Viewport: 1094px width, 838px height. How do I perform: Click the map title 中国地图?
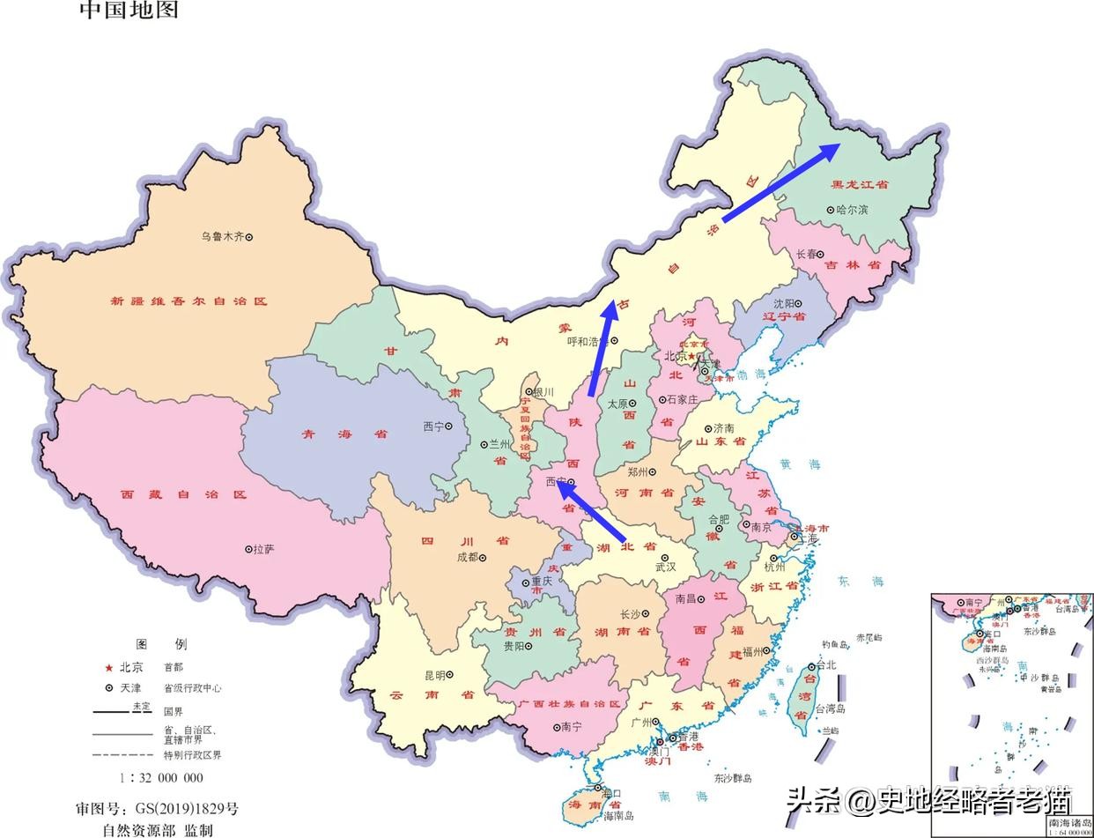coord(129,10)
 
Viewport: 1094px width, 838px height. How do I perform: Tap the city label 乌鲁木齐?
coord(222,237)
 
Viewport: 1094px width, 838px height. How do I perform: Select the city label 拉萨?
coord(263,549)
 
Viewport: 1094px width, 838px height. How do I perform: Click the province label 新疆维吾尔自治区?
coord(188,301)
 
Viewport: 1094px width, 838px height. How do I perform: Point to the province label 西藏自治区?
coord(183,495)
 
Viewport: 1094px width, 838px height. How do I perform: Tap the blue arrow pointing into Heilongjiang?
coord(780,182)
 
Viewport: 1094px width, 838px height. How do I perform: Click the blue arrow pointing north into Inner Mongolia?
coord(602,348)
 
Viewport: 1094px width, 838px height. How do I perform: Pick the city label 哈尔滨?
coord(852,210)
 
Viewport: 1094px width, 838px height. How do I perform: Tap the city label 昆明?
coord(435,675)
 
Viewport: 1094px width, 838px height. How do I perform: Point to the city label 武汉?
coord(665,567)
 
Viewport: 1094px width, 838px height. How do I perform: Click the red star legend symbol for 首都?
coord(109,668)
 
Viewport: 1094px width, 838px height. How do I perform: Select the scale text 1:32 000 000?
coord(161,778)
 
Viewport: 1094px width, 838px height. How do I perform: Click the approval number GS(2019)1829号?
coord(157,809)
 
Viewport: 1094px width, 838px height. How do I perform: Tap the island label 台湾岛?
coord(829,708)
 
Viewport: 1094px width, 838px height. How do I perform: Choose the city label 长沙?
coord(631,614)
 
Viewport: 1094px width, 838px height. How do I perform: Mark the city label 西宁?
coord(433,426)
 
